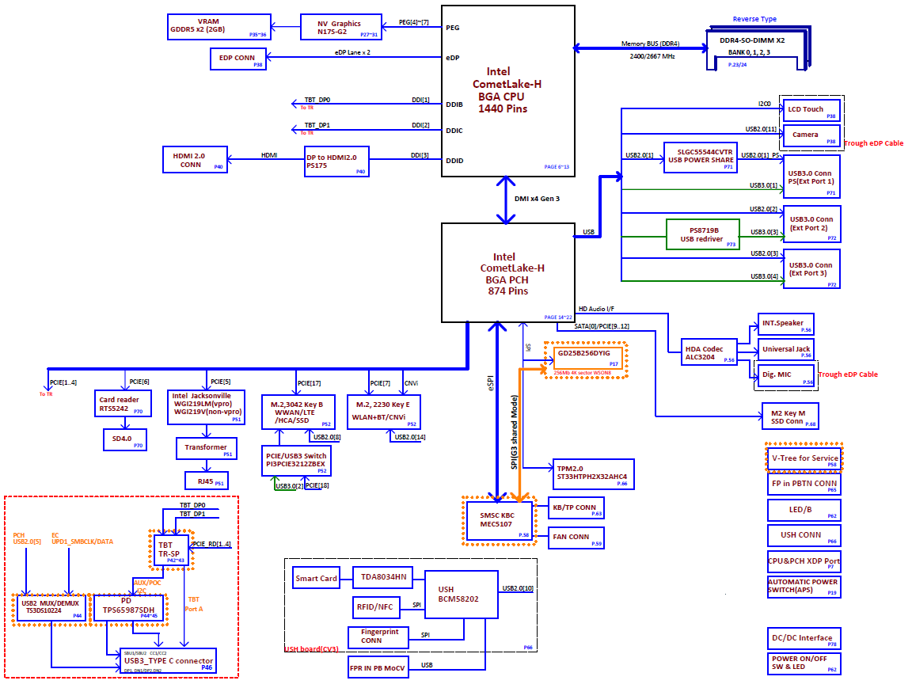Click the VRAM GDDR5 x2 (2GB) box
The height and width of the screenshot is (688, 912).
tap(219, 25)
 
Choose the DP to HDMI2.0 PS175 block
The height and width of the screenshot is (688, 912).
tap(337, 161)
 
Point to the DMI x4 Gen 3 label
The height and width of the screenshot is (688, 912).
tap(537, 198)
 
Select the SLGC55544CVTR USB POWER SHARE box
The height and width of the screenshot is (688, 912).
tap(700, 156)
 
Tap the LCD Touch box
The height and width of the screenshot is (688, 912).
tap(811, 110)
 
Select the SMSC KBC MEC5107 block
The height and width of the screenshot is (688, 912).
tap(498, 520)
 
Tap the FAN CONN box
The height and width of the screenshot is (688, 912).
tap(576, 538)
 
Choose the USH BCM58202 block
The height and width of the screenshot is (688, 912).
tap(462, 595)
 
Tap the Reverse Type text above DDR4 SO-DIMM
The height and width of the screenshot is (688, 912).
tap(754, 19)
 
